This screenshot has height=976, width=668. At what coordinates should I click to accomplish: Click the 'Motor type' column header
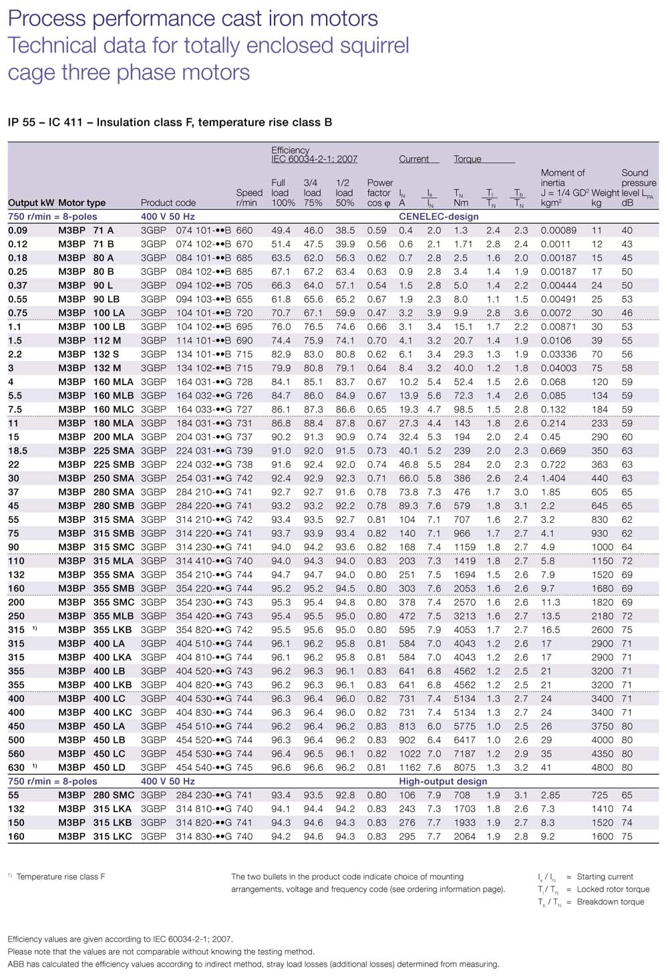[x=81, y=203]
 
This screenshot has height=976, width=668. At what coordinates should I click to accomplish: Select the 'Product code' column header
[x=168, y=203]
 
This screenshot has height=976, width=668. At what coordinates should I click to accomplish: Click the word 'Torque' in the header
[x=468, y=159]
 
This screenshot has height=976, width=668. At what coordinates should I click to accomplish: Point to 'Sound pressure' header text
[x=638, y=178]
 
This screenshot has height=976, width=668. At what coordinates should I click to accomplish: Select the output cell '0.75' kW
[x=18, y=313]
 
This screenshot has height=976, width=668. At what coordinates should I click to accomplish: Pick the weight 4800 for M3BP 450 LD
[x=602, y=767]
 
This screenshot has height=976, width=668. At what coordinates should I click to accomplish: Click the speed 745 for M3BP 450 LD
[x=244, y=767]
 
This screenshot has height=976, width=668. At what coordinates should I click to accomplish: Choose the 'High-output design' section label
[x=443, y=781]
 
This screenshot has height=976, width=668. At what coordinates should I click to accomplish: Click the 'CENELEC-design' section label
[x=439, y=217]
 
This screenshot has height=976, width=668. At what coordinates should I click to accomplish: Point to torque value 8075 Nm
[x=465, y=767]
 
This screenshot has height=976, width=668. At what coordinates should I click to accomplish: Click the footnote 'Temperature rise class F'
[x=61, y=876]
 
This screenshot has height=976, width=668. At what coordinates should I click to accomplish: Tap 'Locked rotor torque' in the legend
[x=613, y=889]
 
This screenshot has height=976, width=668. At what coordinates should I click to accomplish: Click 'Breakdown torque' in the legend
[x=611, y=902]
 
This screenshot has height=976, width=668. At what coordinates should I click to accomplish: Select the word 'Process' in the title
[x=47, y=19]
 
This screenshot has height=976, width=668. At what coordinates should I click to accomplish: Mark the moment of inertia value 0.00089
[x=558, y=230]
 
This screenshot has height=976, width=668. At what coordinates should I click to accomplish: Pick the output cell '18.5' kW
[x=18, y=451]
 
